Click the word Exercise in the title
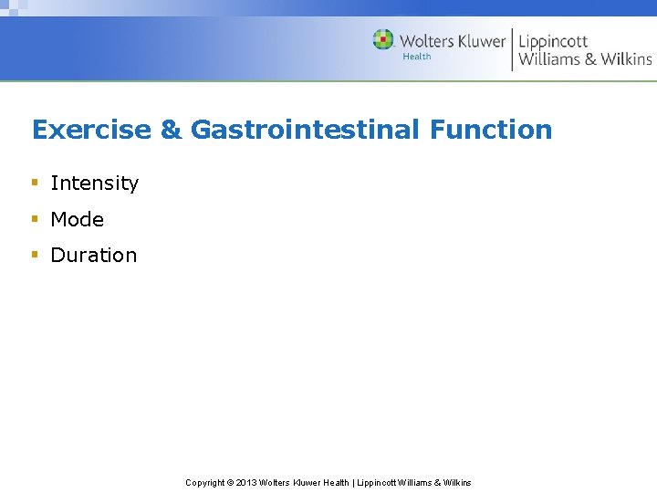91,130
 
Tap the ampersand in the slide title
171,130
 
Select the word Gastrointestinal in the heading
305,130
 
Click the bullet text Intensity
94,183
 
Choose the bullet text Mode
77,219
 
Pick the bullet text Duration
93,256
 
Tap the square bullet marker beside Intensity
35,183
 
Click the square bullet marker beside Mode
35,219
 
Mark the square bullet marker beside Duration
35,255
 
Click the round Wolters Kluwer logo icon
383,40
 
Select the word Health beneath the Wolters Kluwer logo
417,57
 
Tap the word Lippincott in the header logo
553,41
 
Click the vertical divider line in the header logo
512,49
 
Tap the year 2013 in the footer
246,483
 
